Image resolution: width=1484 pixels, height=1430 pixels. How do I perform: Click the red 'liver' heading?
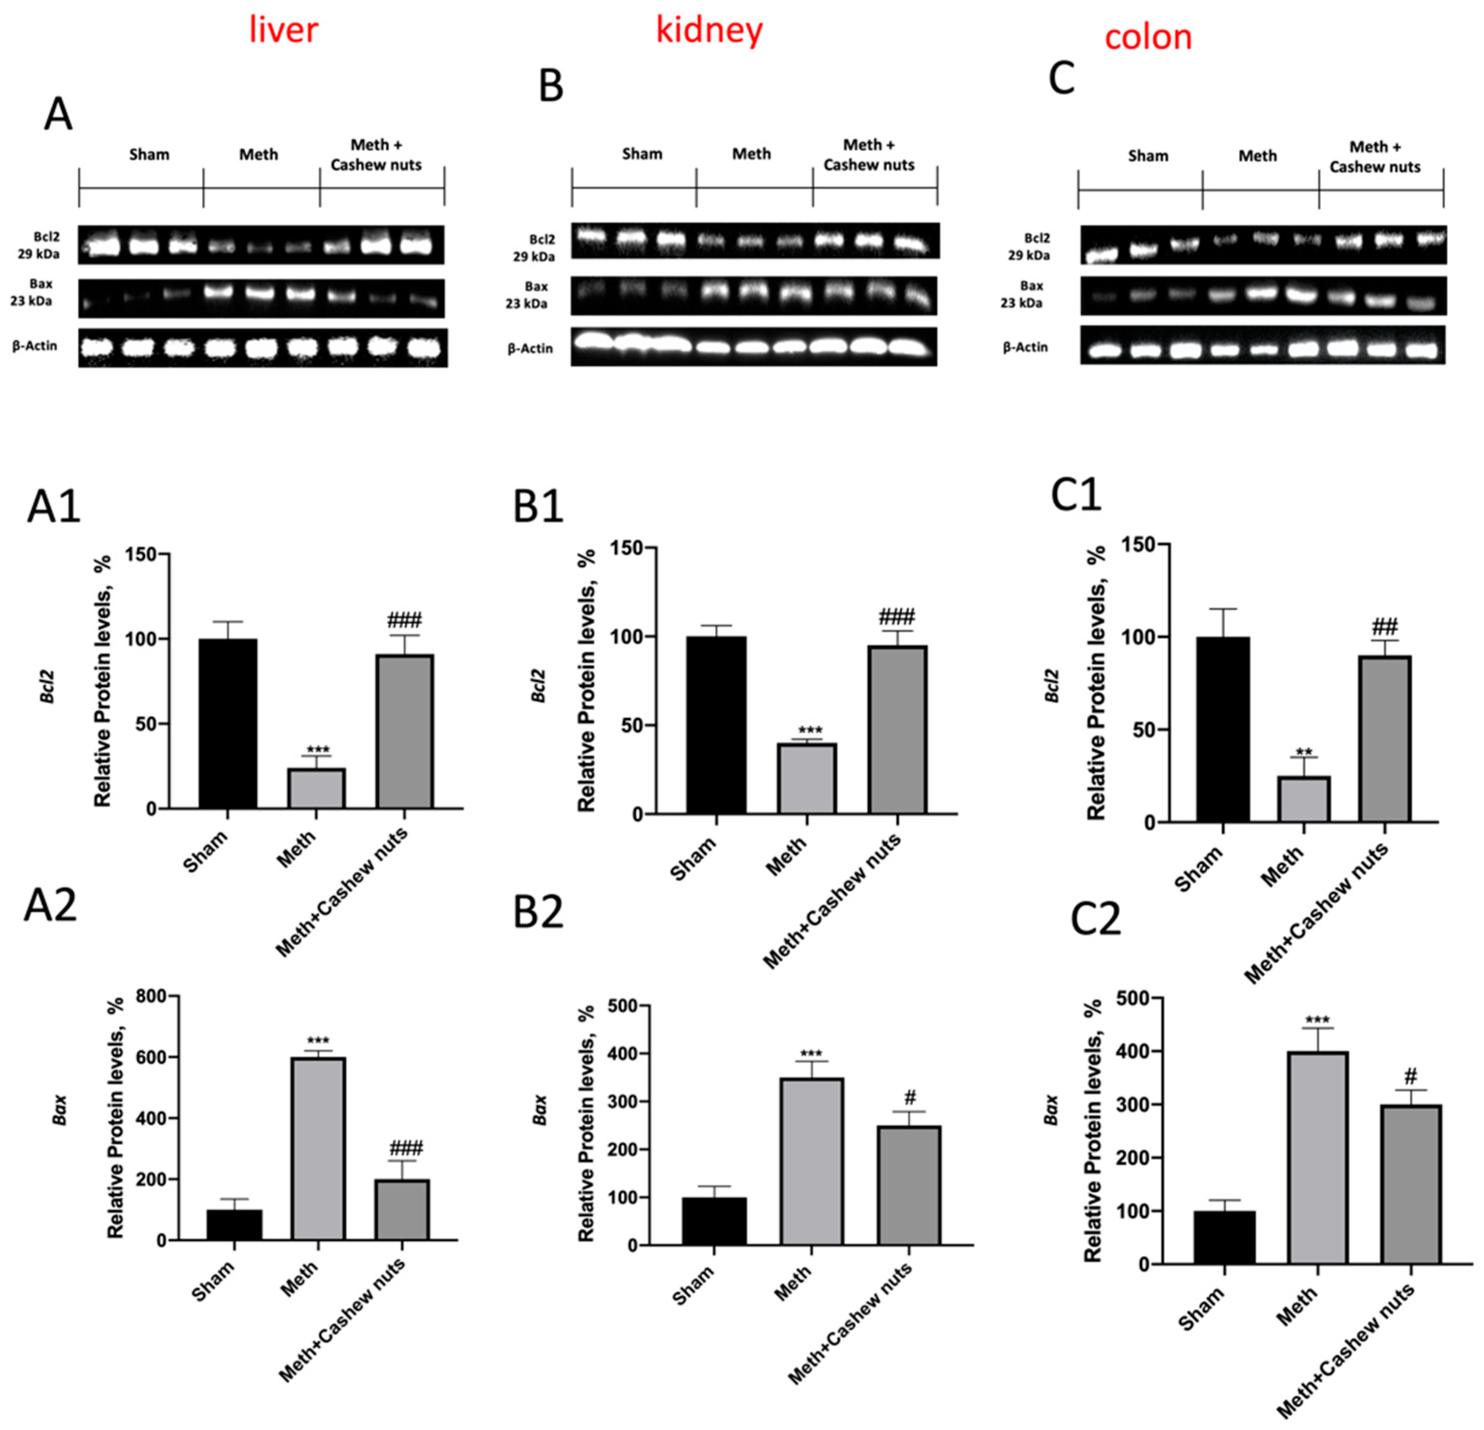[x=284, y=30]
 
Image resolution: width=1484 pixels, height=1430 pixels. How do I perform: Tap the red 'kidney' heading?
[x=709, y=30]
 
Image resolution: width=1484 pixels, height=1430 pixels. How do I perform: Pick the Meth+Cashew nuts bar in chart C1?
[x=1385, y=738]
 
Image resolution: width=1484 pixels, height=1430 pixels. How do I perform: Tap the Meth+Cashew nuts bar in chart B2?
[x=909, y=1186]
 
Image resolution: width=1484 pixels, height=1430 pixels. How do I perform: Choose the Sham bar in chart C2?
[x=1224, y=1238]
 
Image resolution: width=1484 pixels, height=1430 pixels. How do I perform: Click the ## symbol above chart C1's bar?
[x=1384, y=626]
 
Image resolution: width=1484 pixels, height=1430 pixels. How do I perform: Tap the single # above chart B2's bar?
[x=910, y=1098]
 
